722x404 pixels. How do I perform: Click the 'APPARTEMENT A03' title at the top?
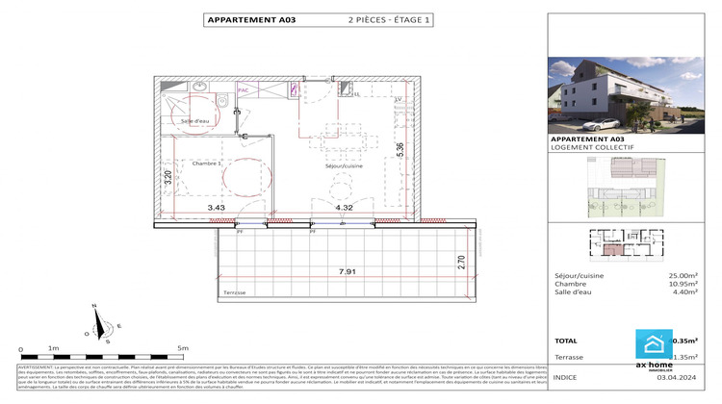click(x=245, y=19)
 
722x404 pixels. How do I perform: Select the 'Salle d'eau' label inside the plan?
click(x=195, y=121)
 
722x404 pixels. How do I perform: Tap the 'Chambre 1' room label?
click(x=207, y=164)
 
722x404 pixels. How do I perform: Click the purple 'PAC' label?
click(x=243, y=89)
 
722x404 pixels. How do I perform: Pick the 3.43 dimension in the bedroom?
click(x=216, y=207)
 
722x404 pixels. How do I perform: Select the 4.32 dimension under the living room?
click(x=345, y=207)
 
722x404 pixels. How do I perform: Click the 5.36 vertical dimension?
click(x=400, y=152)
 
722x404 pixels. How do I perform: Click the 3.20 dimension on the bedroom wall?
click(x=168, y=177)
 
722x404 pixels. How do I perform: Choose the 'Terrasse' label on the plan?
click(x=234, y=292)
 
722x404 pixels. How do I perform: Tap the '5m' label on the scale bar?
click(x=182, y=348)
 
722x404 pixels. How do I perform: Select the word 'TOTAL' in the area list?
click(x=568, y=341)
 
